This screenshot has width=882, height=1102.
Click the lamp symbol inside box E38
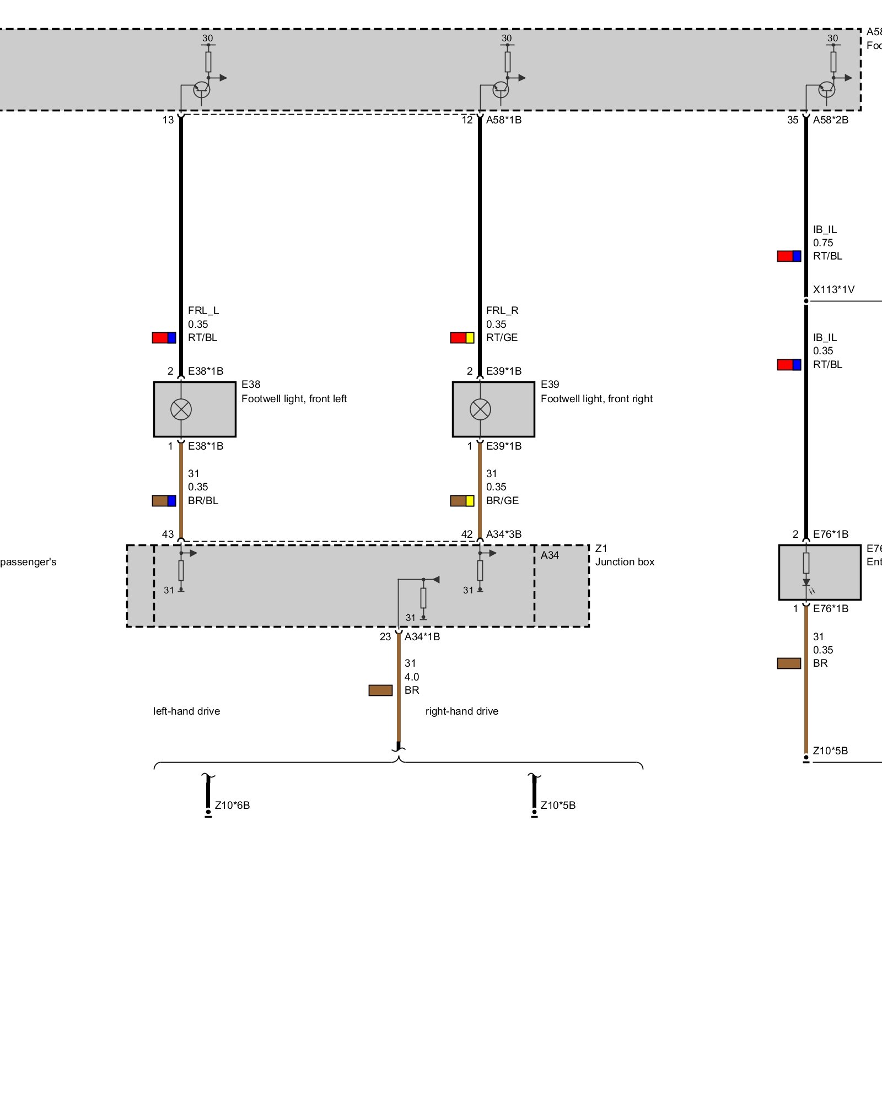[181, 409]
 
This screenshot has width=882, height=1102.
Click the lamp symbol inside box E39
[480, 409]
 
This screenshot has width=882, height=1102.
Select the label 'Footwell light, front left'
[294, 398]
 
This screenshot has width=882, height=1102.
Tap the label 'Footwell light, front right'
[596, 398]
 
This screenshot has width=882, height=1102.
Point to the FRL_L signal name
[203, 310]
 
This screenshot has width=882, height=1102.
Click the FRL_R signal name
[502, 310]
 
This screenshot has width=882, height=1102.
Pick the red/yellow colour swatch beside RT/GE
[462, 337]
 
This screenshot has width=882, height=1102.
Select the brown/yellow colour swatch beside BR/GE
[462, 500]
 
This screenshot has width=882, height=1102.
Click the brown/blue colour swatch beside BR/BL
[164, 500]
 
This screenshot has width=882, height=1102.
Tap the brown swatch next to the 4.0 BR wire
[380, 690]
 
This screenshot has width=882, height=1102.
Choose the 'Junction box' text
[625, 561]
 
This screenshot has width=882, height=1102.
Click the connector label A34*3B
[503, 534]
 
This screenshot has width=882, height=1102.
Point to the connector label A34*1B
[422, 636]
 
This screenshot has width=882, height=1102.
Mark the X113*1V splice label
[833, 289]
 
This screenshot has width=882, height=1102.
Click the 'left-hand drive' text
[186, 711]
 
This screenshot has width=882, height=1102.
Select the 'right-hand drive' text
[462, 711]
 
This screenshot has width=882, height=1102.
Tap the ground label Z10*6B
[232, 805]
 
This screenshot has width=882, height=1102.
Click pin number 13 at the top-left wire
[168, 120]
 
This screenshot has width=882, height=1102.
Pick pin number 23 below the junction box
[385, 636]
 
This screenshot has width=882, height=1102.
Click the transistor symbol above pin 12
[501, 89]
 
